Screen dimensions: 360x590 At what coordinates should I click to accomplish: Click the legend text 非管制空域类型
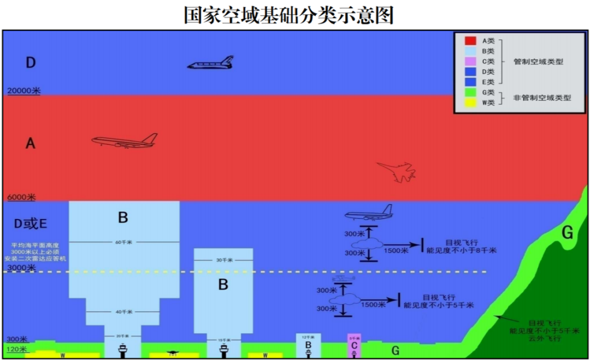pos(542,98)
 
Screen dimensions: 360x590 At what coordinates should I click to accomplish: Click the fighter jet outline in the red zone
pos(397,171)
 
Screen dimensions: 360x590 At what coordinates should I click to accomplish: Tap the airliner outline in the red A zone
pos(125,141)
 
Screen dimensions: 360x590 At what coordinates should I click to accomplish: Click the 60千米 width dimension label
pos(124,242)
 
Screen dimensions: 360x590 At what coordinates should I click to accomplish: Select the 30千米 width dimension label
pos(223,261)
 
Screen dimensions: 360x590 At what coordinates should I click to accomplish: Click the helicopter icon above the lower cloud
pos(344,279)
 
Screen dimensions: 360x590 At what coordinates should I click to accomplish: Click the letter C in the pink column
pos(354,346)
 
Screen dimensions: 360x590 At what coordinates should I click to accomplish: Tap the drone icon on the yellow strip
pos(173,353)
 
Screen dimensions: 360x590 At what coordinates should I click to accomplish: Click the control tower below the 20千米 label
pos(123,350)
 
